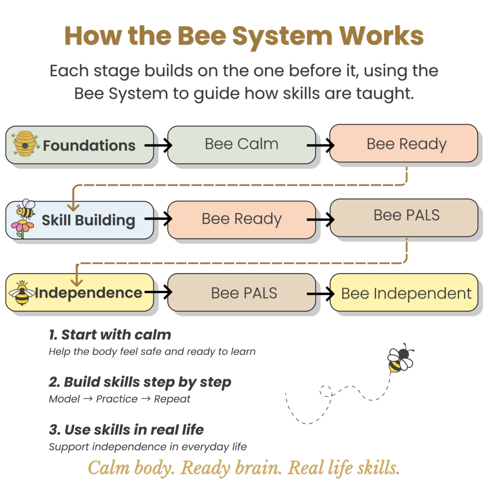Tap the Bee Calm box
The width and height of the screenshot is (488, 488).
(241, 144)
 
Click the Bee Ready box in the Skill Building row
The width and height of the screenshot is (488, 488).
(241, 219)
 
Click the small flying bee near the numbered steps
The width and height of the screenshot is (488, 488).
(399, 361)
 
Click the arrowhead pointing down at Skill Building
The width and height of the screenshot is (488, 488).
(73, 207)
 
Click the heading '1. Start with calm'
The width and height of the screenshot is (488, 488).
(110, 335)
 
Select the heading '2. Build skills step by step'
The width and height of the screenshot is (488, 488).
(140, 382)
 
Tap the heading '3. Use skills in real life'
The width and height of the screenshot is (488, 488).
(126, 429)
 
